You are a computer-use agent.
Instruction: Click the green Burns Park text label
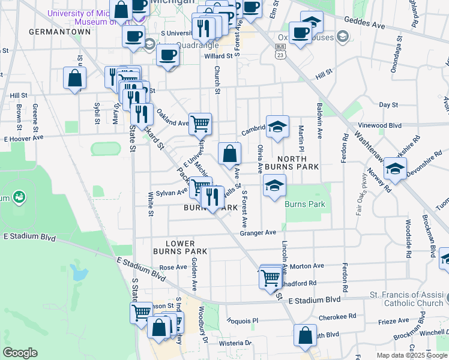305,205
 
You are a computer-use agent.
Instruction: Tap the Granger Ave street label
258,232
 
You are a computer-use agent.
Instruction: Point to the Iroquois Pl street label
242,320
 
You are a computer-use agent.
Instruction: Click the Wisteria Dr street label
234,344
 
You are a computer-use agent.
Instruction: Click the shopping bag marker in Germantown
75,78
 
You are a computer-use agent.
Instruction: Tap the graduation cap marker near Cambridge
277,127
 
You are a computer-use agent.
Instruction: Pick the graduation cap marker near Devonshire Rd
395,169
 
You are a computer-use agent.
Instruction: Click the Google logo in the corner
20,353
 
